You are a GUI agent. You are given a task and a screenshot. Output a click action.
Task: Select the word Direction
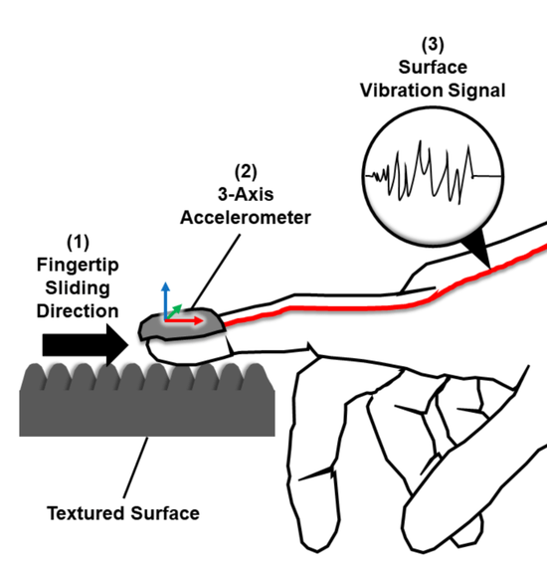point(81,311)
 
